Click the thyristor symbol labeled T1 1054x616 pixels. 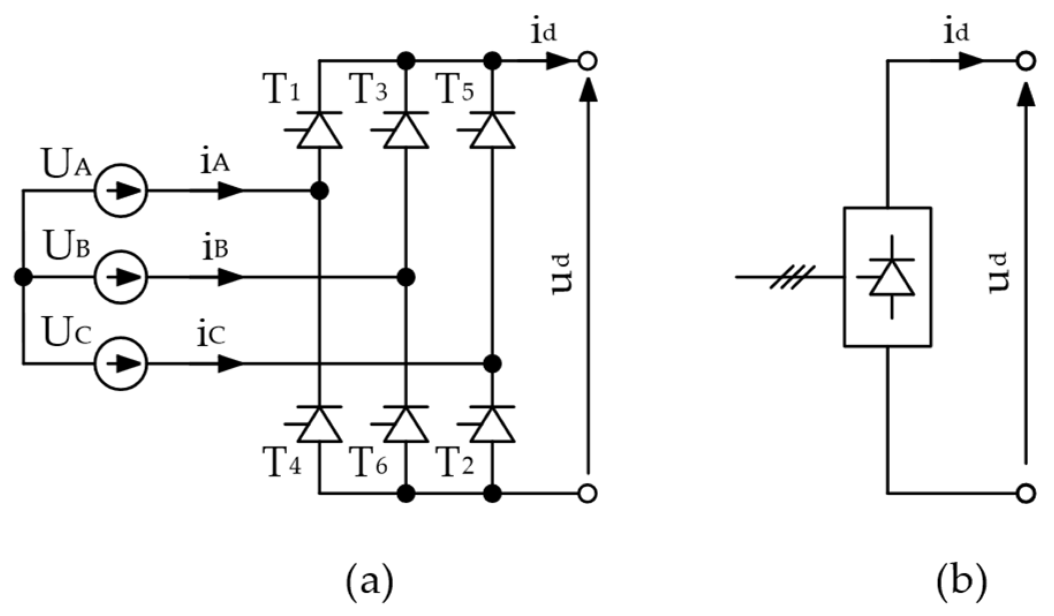click(x=319, y=130)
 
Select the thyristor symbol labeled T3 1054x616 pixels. click(x=406, y=130)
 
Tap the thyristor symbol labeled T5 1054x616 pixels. click(x=492, y=130)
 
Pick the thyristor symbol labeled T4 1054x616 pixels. click(x=319, y=424)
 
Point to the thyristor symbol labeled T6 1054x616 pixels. click(x=406, y=424)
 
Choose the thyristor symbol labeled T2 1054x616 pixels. click(x=492, y=424)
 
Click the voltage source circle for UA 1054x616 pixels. click(x=121, y=191)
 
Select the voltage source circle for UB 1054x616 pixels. click(x=121, y=277)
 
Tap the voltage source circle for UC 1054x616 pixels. click(x=121, y=364)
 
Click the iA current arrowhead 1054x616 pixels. click(x=231, y=191)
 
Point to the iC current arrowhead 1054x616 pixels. click(x=231, y=364)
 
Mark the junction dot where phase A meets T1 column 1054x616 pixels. click(x=319, y=191)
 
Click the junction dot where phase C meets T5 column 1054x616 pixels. click(x=492, y=364)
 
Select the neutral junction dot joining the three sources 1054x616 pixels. click(x=23, y=277)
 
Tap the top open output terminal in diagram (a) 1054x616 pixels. click(x=587, y=61)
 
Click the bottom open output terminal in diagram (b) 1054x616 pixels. click(x=1025, y=493)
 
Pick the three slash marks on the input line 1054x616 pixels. click(x=793, y=277)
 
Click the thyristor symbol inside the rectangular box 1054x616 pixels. click(x=891, y=277)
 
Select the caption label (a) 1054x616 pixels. click(x=369, y=582)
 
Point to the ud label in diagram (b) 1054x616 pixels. click(x=998, y=273)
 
